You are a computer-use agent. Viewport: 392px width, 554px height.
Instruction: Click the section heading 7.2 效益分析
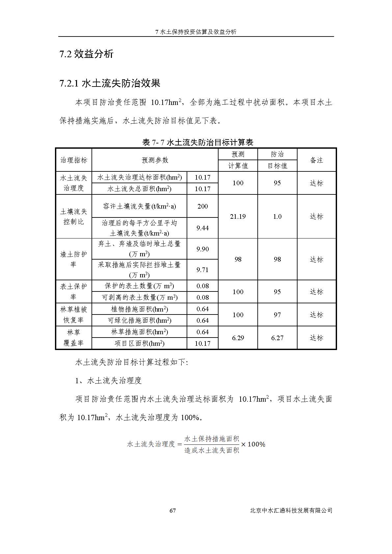(x=86, y=54)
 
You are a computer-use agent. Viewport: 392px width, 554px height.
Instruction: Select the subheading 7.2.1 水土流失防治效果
(x=110, y=83)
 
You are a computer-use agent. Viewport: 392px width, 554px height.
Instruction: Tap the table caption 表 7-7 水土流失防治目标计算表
(x=197, y=142)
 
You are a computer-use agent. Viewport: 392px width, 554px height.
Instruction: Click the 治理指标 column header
(x=74, y=160)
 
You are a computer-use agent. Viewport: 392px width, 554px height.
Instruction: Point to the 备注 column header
(x=316, y=160)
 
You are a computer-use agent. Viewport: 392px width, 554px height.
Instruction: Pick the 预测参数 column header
(x=155, y=160)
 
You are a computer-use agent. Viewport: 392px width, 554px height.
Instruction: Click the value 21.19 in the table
(x=238, y=216)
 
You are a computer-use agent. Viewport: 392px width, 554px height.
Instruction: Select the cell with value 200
(x=202, y=206)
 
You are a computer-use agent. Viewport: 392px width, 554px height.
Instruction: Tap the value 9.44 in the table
(x=202, y=228)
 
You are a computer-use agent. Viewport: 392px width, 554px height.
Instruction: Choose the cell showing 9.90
(x=202, y=249)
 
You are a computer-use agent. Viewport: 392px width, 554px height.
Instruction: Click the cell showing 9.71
(x=202, y=270)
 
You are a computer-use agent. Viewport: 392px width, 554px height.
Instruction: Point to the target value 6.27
(x=277, y=338)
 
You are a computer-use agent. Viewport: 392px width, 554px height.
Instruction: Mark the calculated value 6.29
(x=238, y=338)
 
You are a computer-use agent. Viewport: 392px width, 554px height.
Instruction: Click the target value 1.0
(x=277, y=216)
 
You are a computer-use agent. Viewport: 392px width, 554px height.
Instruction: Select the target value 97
(x=277, y=315)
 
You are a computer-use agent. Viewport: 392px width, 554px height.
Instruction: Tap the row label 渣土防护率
(x=73, y=259)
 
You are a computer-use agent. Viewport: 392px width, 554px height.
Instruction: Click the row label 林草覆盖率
(x=73, y=338)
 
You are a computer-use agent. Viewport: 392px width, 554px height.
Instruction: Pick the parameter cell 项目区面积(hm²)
(x=139, y=343)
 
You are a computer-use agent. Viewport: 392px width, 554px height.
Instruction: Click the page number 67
(x=172, y=511)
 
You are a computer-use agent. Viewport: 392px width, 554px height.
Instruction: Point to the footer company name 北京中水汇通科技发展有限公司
(x=291, y=511)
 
